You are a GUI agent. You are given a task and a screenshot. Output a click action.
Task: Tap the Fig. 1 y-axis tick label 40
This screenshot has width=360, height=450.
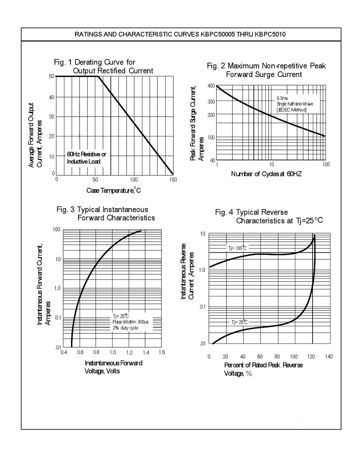click(52, 97)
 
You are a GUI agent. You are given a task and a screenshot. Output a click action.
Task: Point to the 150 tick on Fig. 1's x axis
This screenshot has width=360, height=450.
click(173, 180)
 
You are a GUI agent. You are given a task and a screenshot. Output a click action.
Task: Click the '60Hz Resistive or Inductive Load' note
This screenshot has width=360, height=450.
click(86, 158)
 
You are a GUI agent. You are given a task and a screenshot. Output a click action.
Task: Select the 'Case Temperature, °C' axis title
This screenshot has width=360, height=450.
click(114, 190)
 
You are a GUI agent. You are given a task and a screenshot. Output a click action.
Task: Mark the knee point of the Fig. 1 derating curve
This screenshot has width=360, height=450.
click(98, 76)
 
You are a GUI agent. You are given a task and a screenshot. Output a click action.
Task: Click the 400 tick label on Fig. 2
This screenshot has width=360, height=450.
click(211, 86)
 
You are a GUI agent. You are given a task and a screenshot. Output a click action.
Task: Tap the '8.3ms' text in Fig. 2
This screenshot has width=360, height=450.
click(282, 98)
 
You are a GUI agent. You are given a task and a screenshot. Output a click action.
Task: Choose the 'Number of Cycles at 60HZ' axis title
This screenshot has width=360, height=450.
click(266, 174)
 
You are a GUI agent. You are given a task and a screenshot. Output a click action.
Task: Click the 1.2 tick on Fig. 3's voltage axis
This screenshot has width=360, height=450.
click(129, 353)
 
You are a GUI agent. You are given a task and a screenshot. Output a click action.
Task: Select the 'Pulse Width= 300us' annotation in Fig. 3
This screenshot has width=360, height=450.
click(130, 322)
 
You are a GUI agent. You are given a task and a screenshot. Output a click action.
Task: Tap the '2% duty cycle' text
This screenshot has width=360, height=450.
click(125, 328)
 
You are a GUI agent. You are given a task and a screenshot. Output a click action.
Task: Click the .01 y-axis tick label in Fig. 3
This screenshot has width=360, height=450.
click(58, 348)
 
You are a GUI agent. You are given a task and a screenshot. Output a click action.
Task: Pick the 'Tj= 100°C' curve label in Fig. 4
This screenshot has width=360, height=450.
click(237, 248)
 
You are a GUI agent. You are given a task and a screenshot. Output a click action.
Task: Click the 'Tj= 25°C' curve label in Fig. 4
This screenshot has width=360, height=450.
click(239, 322)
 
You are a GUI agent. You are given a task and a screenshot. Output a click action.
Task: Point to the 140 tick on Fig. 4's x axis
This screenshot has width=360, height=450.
click(329, 356)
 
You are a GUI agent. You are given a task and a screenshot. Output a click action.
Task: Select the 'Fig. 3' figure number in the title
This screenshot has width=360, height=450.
click(65, 210)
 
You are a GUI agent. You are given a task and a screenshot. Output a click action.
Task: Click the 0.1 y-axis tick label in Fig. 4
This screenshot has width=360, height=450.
click(203, 307)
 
